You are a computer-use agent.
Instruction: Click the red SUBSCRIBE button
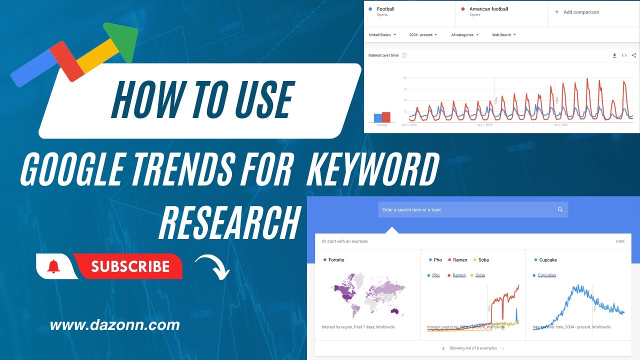(129, 266)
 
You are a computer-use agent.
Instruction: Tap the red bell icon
(53, 266)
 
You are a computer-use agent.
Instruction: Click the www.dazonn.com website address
(114, 325)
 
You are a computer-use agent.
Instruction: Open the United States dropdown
(382, 35)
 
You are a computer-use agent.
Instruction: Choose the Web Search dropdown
(503, 35)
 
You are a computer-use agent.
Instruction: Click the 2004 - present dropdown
(423, 35)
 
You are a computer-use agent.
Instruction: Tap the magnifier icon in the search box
(560, 209)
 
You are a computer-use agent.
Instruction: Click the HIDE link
(620, 241)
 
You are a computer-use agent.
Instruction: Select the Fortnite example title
(336, 260)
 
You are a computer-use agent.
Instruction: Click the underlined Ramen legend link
(458, 275)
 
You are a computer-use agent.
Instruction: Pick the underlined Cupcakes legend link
(546, 275)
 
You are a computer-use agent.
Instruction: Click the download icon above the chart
(614, 55)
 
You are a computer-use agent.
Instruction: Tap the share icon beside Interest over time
(633, 55)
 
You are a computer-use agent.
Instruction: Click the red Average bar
(386, 117)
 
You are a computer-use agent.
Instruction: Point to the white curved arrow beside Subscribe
(212, 266)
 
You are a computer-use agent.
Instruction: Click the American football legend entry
(488, 9)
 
